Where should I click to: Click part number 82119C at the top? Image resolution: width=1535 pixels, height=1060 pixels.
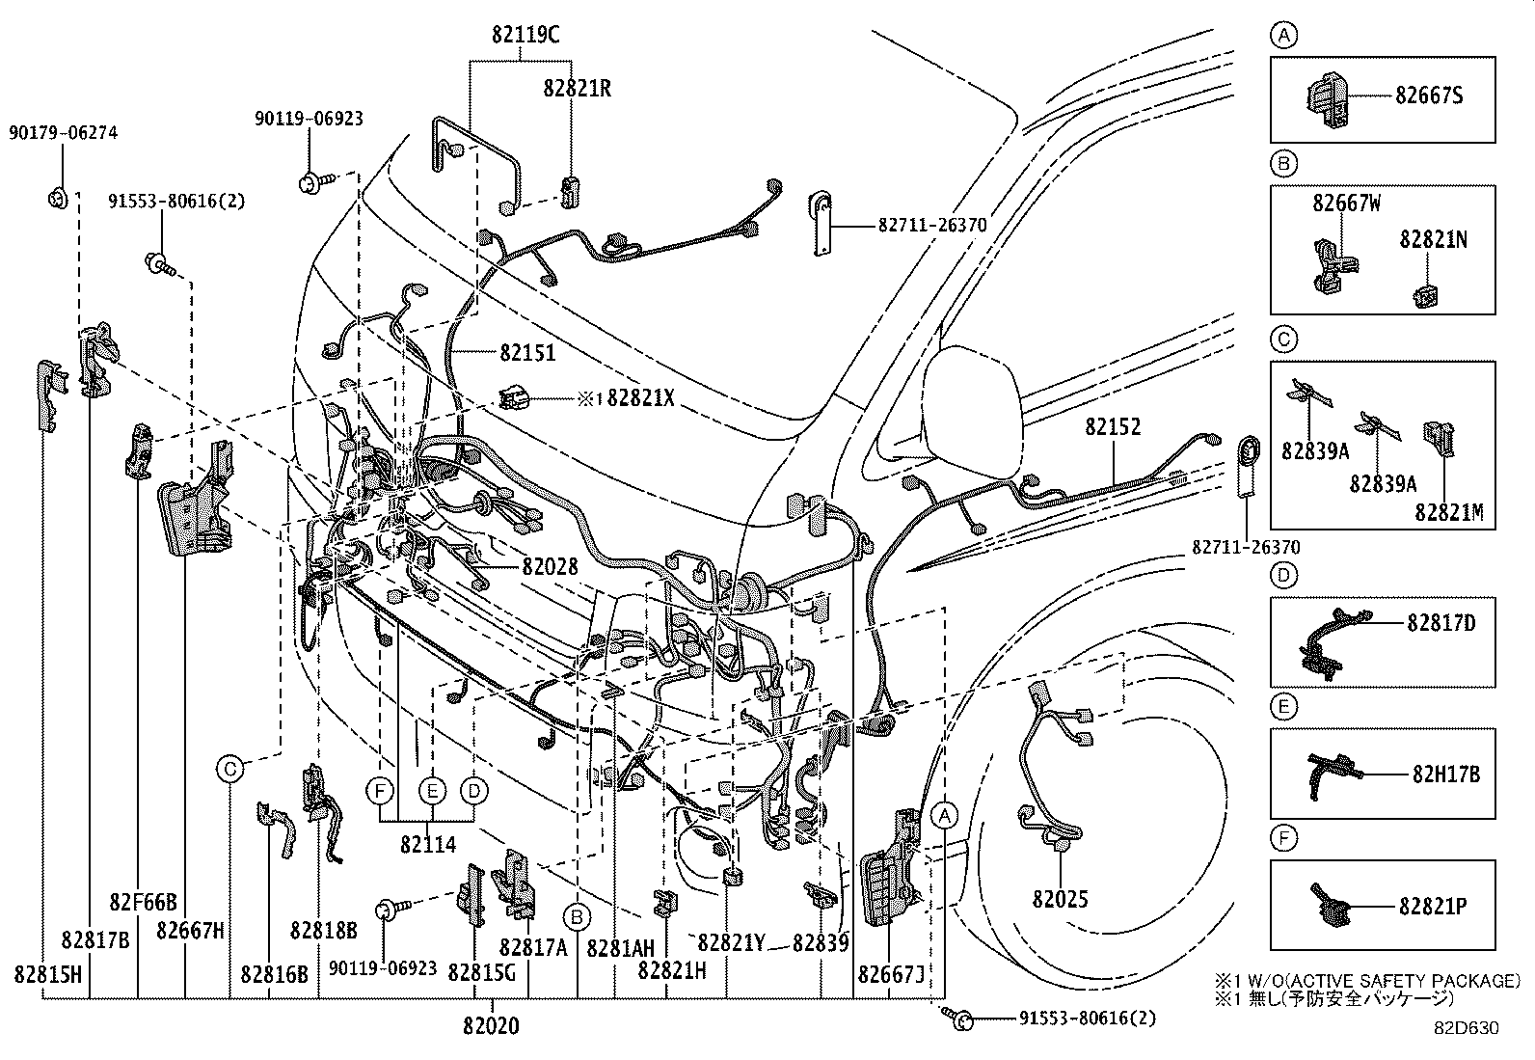pos(525,36)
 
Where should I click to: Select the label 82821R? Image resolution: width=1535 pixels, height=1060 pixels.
pos(577,88)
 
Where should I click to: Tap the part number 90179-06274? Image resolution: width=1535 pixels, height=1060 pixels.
pos(64,133)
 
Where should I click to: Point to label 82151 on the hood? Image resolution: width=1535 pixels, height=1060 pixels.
pos(527,353)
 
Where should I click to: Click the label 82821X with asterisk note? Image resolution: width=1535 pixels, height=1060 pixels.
pos(640,396)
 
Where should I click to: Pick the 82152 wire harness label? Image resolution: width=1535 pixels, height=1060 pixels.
pos(1112,426)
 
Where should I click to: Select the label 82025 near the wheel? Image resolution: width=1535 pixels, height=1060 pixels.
pos(1060,900)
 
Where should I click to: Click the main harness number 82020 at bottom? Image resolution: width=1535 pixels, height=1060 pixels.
pos(491,1025)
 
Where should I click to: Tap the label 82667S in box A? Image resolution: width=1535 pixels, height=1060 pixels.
pos(1429,95)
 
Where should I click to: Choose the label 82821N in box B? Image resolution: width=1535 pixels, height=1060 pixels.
pos(1434,239)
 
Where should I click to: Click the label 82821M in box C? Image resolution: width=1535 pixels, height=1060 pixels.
pos(1449,512)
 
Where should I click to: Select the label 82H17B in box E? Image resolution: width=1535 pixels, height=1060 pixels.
pos(1445,774)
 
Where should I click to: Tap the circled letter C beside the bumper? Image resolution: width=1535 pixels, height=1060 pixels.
pos(229,769)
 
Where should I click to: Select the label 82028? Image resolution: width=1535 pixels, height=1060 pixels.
pos(550,567)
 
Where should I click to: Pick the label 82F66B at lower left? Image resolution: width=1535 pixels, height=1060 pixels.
pos(143,903)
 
